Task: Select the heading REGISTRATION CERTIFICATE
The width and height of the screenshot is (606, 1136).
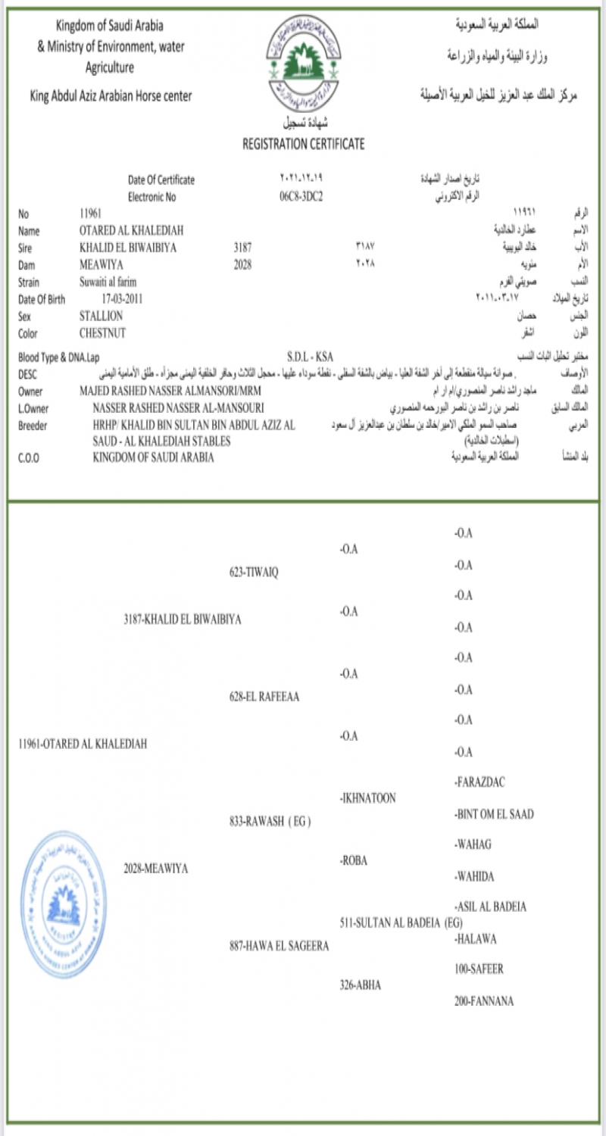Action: point(303,143)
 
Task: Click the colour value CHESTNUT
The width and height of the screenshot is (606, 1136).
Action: point(102,332)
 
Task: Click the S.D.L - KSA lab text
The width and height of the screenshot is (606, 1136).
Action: point(311,356)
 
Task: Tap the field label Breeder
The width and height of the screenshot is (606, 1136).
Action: point(34,426)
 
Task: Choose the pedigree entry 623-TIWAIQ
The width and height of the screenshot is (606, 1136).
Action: point(254,572)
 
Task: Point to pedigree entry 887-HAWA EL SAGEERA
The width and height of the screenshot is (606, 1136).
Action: point(279,946)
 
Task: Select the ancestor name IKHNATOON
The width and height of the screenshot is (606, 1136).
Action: point(369,798)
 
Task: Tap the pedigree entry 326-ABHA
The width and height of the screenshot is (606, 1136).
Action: point(361,985)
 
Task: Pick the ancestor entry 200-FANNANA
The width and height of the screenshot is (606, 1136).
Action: point(483,1001)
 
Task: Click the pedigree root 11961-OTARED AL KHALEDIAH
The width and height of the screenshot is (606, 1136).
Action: point(83,744)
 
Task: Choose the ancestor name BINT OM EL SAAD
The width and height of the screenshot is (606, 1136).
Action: point(494,814)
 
